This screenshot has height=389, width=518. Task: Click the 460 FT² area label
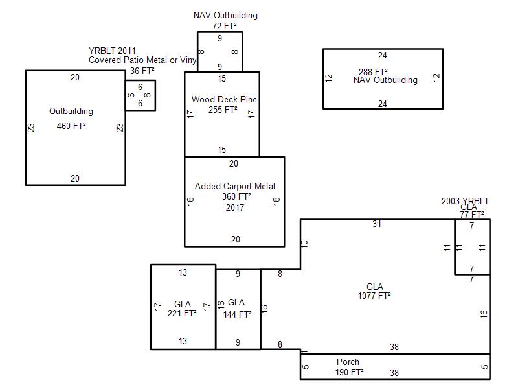click(71, 126)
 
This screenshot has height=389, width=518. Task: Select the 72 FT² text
click(225, 26)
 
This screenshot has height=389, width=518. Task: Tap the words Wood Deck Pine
click(224, 99)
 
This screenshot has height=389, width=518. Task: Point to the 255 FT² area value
click(223, 110)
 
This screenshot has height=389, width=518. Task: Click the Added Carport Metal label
click(235, 186)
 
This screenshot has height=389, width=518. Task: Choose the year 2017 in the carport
click(235, 207)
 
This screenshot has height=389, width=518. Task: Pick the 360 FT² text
click(236, 196)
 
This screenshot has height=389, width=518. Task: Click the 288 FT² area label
click(374, 72)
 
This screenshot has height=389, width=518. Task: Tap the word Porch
click(348, 362)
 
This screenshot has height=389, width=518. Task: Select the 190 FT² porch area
click(350, 372)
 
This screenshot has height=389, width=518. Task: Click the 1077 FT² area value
click(374, 296)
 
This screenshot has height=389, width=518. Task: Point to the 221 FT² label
click(182, 313)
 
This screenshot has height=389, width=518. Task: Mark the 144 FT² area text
click(237, 314)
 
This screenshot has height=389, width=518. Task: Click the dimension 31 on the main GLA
click(377, 224)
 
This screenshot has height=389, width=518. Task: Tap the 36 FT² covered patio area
click(142, 71)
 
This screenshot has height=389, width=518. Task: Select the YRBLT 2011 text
click(112, 51)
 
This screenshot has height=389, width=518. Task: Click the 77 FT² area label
click(472, 215)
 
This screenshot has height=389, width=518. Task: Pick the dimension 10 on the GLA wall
click(304, 244)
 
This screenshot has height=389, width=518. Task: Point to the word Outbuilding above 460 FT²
click(71, 111)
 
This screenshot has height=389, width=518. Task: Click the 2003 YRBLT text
click(465, 201)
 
